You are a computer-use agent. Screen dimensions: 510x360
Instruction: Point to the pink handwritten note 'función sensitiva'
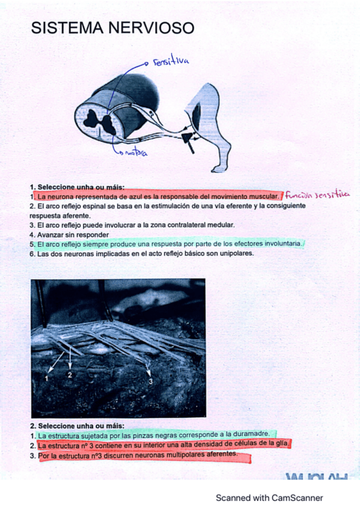coord(317,194)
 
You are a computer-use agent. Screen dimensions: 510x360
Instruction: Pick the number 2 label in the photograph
coord(70,375)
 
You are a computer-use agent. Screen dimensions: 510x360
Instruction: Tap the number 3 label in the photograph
coord(150,381)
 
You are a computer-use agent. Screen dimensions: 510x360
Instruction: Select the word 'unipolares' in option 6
coord(234,253)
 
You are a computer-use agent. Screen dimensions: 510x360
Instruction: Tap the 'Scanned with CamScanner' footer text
coord(269,497)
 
